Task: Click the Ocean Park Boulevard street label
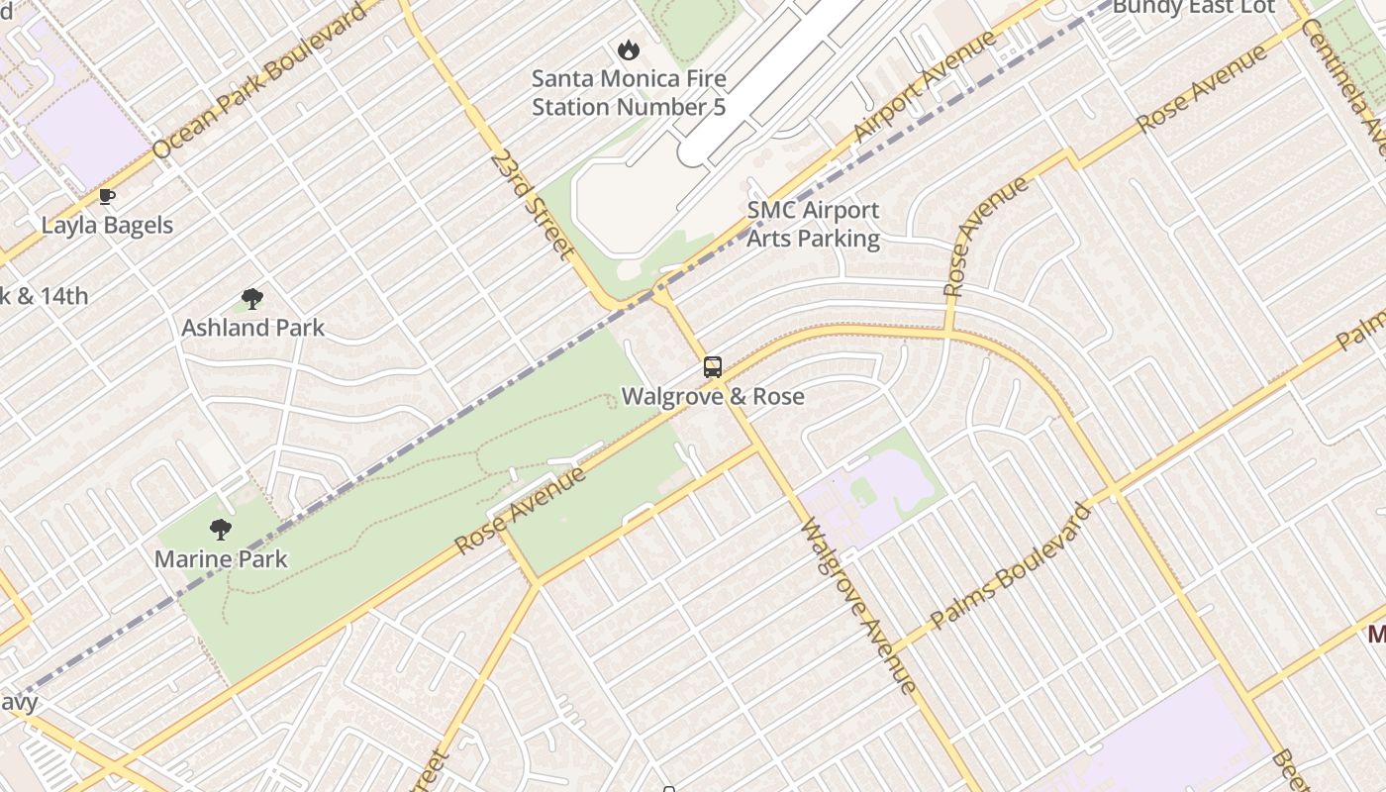click(259, 86)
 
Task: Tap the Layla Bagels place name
click(107, 226)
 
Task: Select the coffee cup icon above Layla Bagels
click(107, 197)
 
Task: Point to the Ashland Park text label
click(252, 328)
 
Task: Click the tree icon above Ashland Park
click(252, 298)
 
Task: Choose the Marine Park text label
click(221, 559)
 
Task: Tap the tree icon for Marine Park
click(221, 530)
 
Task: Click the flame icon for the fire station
click(628, 49)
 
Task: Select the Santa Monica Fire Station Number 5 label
click(629, 93)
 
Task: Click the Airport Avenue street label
click(925, 86)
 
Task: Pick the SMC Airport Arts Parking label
click(813, 225)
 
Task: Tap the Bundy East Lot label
click(1193, 8)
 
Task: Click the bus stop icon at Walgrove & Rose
click(712, 367)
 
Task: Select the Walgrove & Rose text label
click(713, 397)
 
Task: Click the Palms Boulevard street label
click(1011, 565)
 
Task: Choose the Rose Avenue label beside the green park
click(520, 511)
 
